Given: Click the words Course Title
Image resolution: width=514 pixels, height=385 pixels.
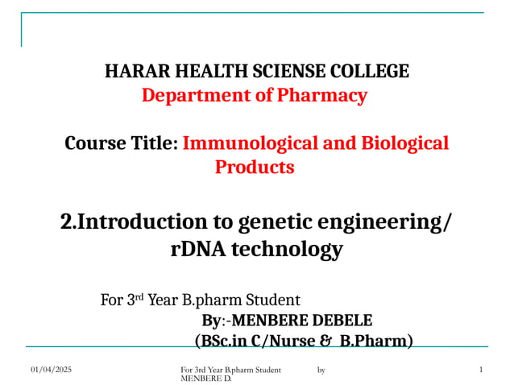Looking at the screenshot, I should [120, 144].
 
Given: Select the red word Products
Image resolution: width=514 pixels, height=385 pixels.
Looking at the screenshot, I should [254, 168].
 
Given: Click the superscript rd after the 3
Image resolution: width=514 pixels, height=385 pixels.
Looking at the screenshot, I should [138, 296].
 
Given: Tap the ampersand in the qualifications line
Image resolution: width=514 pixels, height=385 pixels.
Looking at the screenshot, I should [325, 342].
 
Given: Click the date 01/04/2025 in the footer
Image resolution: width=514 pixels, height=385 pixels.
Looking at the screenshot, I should [52, 370].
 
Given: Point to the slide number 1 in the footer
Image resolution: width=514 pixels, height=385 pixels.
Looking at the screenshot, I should [480, 370].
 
